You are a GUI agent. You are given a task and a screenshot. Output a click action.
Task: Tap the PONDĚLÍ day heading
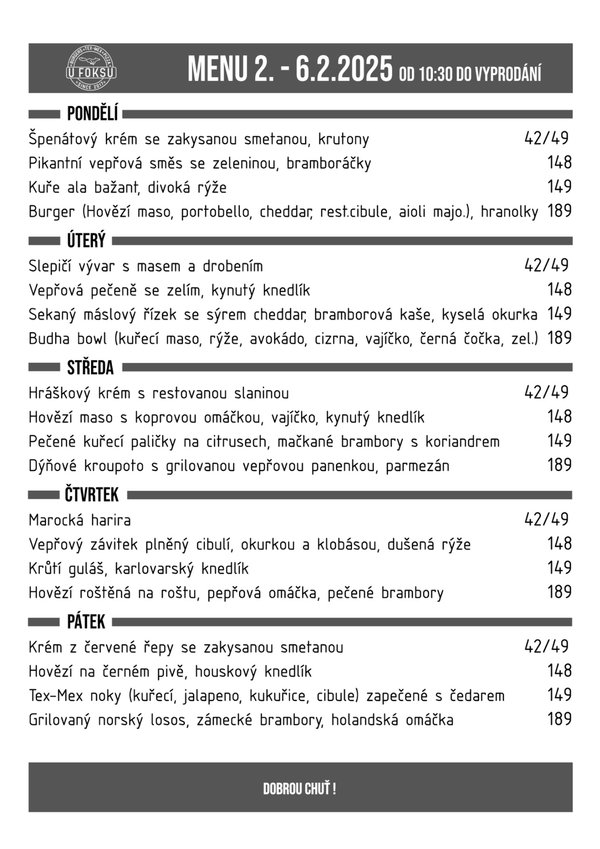pos(92,114)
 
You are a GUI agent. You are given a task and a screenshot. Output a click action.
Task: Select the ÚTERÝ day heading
pos(86,241)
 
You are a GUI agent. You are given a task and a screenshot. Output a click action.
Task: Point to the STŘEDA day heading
pos(90,368)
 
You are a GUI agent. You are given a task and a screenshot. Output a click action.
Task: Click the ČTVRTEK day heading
pos(92,495)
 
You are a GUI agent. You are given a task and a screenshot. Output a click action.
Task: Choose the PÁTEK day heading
pos(86,622)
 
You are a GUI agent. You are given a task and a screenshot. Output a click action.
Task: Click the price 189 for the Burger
pos(559,211)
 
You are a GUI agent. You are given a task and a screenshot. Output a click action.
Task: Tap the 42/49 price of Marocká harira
pos(546,519)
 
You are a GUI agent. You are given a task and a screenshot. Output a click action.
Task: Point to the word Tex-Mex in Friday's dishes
pos(56,696)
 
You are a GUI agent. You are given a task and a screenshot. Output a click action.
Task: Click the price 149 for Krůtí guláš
pos(559,568)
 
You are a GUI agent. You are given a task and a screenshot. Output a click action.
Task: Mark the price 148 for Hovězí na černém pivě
pos(559,671)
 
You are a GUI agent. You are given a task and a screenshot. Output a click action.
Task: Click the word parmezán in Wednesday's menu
pos(417,466)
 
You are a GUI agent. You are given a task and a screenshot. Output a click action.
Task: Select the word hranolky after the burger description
pos(509,212)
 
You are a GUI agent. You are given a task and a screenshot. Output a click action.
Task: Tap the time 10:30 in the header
pos(436,74)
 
